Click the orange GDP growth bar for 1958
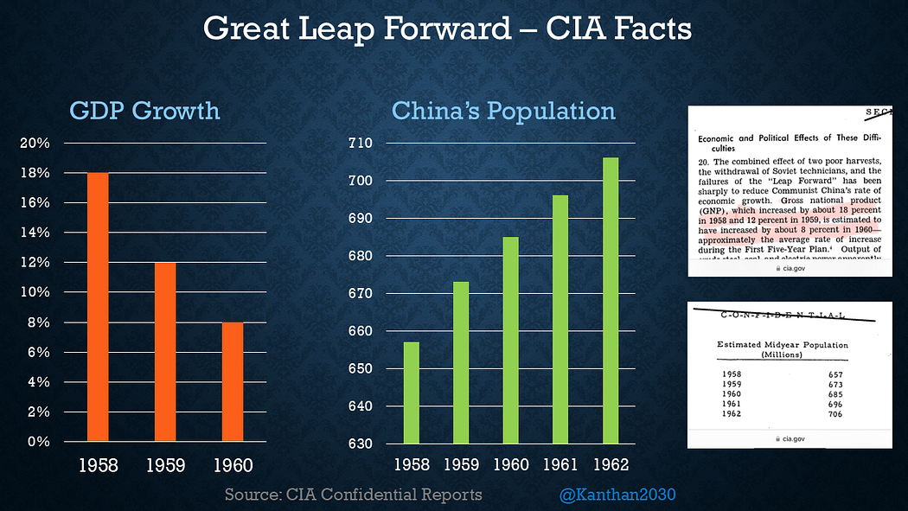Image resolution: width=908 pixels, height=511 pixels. (98, 307)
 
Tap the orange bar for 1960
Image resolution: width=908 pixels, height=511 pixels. (233, 381)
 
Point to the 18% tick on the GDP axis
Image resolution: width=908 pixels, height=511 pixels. (35, 173)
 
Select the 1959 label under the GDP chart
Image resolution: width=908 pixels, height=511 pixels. (165, 465)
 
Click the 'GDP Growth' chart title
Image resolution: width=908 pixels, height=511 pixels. (144, 111)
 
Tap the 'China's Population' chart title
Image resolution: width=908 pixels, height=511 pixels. (504, 111)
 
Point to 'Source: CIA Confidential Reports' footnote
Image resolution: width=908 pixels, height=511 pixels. (353, 495)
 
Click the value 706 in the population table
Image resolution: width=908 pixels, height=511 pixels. (834, 414)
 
